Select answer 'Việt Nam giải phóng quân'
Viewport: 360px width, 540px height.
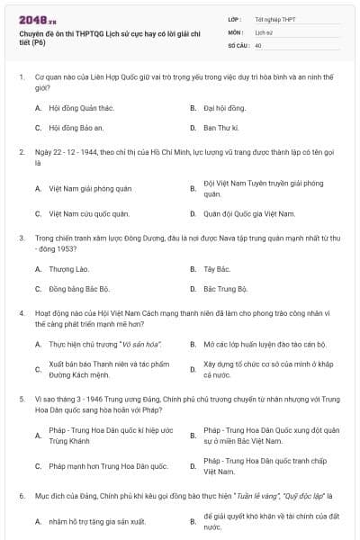tap(90, 188)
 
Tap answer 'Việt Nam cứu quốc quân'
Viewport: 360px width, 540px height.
tap(89, 213)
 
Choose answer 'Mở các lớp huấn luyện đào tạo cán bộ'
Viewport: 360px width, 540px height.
tap(264, 345)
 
